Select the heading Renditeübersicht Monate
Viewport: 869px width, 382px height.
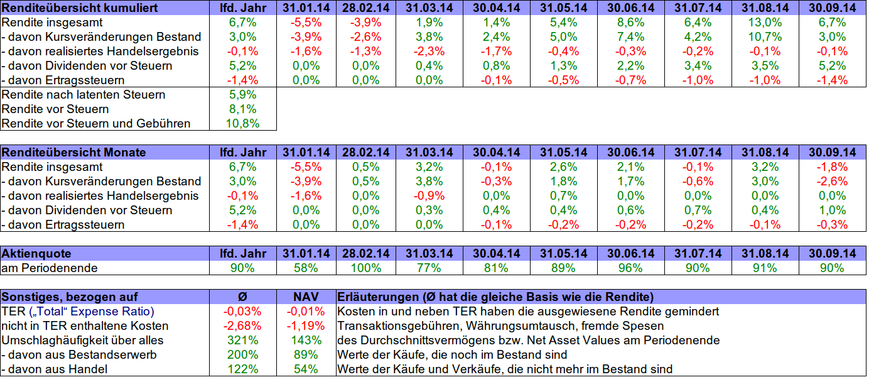(x=74, y=152)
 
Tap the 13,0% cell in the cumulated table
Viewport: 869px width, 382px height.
(x=765, y=22)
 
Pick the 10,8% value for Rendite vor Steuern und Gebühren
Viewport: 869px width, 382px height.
(x=242, y=123)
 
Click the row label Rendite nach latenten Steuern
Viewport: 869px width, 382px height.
(x=84, y=94)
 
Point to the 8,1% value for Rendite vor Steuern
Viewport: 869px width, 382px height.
(x=242, y=109)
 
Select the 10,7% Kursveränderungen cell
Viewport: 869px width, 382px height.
(x=765, y=36)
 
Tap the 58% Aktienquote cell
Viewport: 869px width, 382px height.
(x=306, y=268)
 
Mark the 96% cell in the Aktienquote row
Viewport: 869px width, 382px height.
(x=630, y=268)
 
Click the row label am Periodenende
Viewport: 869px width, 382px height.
(x=50, y=268)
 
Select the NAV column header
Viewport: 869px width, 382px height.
(x=306, y=297)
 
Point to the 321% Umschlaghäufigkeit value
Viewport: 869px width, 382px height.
(x=242, y=340)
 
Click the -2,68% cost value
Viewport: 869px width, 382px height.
(x=242, y=325)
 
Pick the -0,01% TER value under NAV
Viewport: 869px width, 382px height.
(x=306, y=311)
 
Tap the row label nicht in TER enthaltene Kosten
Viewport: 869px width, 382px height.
(x=85, y=325)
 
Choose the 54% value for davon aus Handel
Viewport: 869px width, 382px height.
(x=306, y=369)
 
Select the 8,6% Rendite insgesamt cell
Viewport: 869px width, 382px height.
(x=630, y=22)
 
